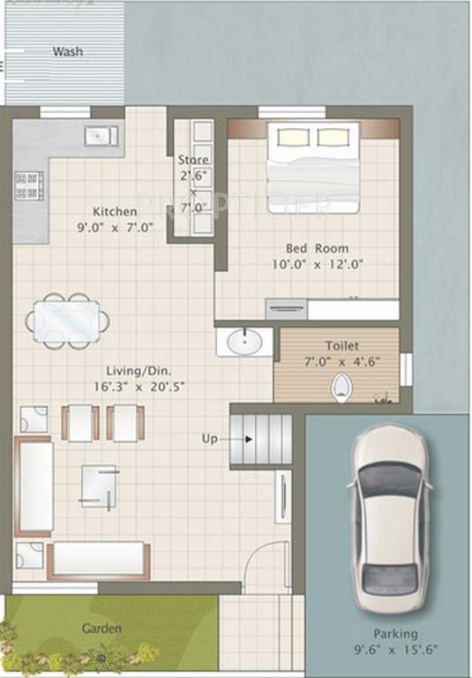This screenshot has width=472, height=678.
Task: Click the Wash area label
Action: click(x=67, y=51)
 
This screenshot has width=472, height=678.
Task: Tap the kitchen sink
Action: click(x=99, y=135)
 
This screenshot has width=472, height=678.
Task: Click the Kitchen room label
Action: click(x=115, y=212)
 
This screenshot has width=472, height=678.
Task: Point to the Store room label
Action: click(x=193, y=160)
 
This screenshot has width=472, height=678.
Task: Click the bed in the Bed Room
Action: click(x=312, y=167)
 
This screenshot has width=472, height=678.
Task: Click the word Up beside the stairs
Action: click(x=210, y=438)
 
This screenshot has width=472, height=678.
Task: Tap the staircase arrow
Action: click(x=250, y=438)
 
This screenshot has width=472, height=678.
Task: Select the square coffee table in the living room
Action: click(x=99, y=486)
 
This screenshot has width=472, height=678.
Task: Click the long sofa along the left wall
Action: click(x=34, y=486)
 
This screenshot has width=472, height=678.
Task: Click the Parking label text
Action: click(x=394, y=634)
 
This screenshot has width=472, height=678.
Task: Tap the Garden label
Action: click(x=101, y=629)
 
